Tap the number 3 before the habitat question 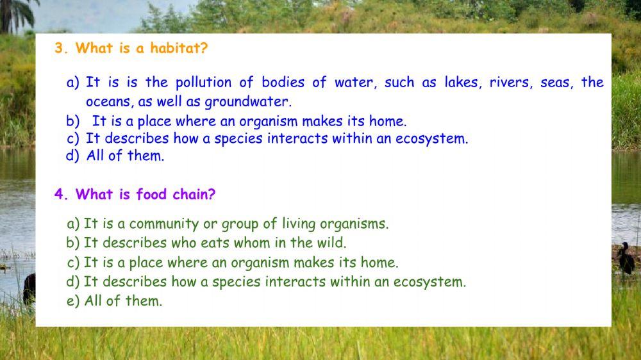60,49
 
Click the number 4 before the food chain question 60,195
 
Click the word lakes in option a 461,83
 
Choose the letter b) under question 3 72,121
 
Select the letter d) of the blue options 72,156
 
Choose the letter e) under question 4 73,301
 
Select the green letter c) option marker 73,263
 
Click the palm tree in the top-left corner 14,14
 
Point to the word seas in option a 554,83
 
